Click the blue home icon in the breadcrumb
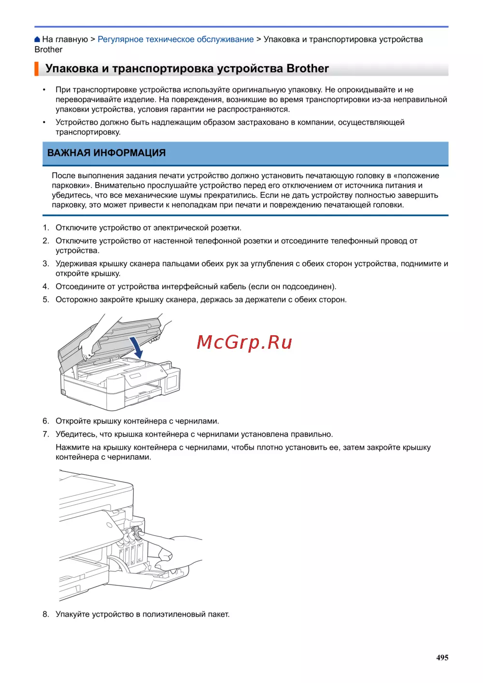[37, 40]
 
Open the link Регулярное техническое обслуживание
[175, 40]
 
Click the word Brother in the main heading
[308, 69]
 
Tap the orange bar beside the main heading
[36, 69]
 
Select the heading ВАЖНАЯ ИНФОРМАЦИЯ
[106, 153]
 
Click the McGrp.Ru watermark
[244, 342]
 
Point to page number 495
[442, 657]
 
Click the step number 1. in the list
[46, 228]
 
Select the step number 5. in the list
[46, 300]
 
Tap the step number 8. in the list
[46, 614]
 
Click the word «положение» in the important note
[416, 176]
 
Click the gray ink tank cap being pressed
[137, 535]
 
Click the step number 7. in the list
[46, 434]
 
